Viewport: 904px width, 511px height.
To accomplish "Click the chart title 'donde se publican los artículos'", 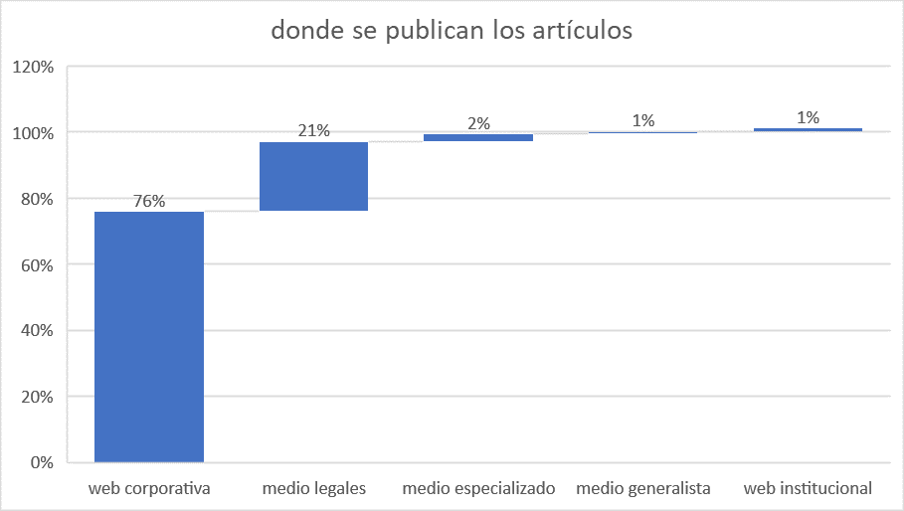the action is point(452,31).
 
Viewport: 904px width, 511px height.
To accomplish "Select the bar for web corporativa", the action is point(149,337).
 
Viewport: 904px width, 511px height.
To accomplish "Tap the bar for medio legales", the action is point(313,176).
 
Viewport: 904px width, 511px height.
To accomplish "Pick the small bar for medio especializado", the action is point(478,137).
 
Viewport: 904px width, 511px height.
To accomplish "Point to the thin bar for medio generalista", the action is point(642,132).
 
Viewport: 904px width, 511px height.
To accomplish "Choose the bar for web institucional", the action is point(808,129).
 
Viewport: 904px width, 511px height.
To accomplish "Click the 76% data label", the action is point(149,201).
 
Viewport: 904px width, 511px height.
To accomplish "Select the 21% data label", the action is point(313,131).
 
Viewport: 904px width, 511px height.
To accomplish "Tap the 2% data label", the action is point(478,123).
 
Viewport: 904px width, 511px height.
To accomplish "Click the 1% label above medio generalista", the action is point(643,120).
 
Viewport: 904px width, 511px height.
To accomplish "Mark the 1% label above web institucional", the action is point(809,117).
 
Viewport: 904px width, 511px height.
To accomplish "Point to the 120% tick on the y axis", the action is point(34,68).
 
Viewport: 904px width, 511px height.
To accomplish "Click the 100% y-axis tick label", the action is point(34,133).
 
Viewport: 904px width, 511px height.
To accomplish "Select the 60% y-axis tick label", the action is point(37,265).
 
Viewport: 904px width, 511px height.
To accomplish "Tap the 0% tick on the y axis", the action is point(42,462).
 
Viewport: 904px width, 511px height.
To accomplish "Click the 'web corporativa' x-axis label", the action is point(149,488).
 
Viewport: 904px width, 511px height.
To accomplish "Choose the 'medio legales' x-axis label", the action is point(314,488).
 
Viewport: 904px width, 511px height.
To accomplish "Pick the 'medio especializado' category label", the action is point(478,488).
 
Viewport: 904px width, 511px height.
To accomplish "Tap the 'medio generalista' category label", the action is point(643,488).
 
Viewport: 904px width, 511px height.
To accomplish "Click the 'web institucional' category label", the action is point(808,488).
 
